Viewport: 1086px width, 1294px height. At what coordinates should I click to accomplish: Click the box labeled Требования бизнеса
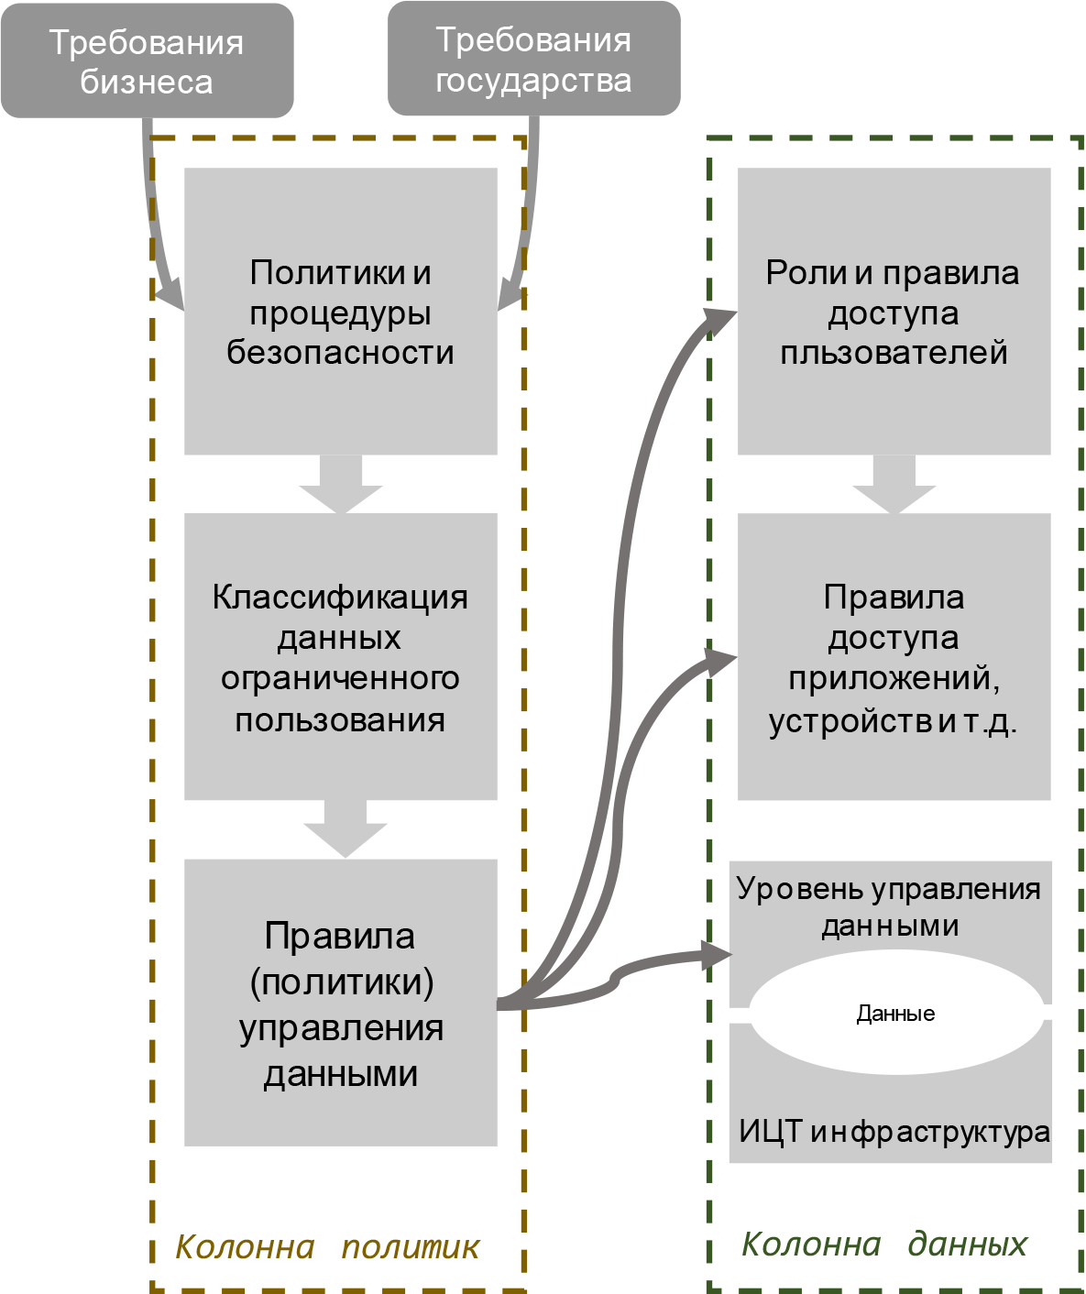(147, 61)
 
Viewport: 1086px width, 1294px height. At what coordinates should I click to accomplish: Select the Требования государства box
(533, 60)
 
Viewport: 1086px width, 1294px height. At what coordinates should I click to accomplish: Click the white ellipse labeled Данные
(895, 1014)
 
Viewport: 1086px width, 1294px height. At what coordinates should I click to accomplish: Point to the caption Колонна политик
(327, 1247)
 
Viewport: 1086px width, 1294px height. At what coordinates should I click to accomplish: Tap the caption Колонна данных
(884, 1245)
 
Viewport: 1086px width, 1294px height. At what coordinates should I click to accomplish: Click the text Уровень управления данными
(889, 906)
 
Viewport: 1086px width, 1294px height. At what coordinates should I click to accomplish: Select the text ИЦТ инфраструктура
(894, 1132)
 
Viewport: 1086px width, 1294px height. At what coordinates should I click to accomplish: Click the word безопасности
(340, 353)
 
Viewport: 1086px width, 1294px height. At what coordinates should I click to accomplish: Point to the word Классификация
(340, 598)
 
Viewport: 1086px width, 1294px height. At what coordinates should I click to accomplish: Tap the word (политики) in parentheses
(342, 982)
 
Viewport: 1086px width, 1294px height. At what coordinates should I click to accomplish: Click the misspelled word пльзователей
(894, 353)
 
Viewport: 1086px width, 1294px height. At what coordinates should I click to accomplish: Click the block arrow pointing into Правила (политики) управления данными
(346, 829)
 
